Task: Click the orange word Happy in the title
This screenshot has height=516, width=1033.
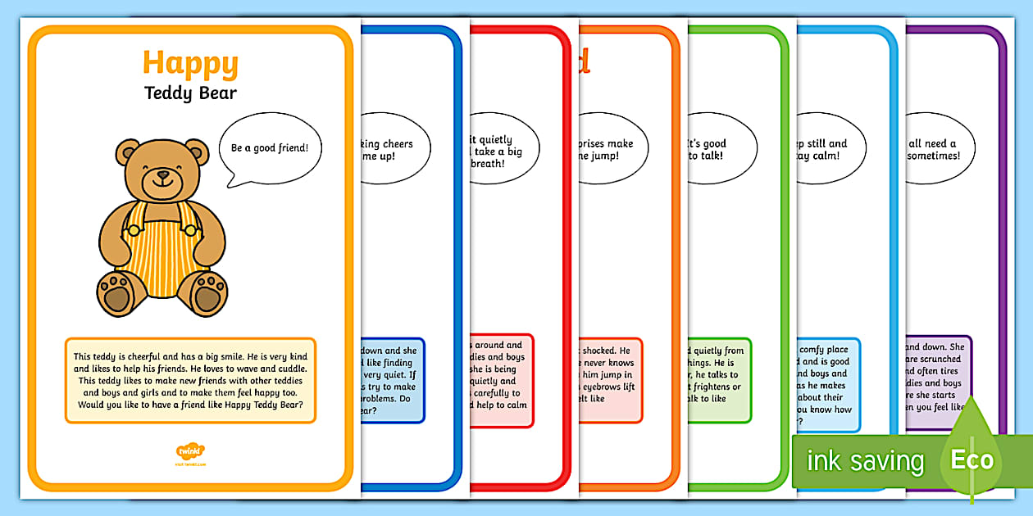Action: [190, 63]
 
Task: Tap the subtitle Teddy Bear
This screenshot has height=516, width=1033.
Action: [190, 93]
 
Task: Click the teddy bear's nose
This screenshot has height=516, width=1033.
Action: [162, 174]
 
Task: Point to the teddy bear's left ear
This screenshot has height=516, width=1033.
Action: [128, 152]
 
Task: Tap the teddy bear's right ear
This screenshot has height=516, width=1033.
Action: [197, 152]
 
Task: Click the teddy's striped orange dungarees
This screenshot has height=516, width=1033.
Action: [162, 238]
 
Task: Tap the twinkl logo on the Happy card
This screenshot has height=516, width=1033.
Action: [190, 450]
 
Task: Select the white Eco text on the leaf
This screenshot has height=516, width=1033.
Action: [972, 459]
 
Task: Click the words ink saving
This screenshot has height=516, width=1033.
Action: [864, 460]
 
